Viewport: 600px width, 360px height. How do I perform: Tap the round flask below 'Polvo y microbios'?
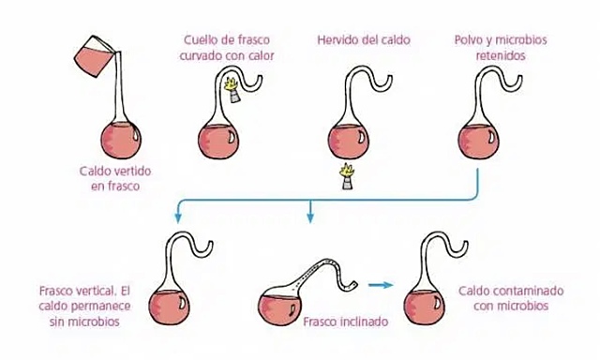(485, 138)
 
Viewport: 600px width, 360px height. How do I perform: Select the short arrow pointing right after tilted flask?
(379, 283)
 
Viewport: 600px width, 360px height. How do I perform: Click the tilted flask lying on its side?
(286, 295)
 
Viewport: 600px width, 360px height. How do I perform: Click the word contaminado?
(520, 292)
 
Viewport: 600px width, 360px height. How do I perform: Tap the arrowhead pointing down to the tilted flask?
(310, 220)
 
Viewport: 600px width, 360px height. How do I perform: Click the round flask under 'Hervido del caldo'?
(348, 138)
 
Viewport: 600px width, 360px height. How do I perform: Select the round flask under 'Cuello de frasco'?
(218, 138)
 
